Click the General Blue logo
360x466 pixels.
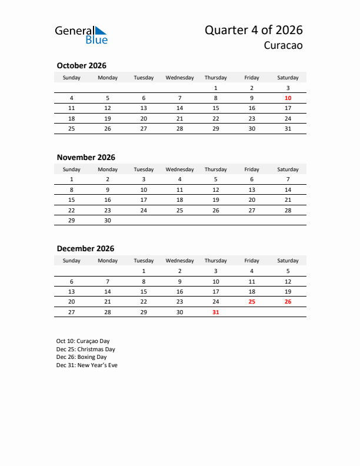(81, 35)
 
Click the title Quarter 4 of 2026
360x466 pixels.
(254, 30)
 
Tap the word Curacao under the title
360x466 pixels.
(283, 46)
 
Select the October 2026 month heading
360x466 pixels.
(81, 66)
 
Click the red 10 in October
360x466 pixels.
(288, 98)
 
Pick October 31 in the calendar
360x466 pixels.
(288, 128)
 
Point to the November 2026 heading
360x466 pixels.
(86, 157)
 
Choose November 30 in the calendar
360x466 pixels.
(108, 220)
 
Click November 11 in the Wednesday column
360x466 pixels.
(180, 189)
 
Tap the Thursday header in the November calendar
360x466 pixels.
(216, 169)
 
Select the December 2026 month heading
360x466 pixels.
(85, 248)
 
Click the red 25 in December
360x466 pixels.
(252, 302)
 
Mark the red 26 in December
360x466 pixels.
(288, 302)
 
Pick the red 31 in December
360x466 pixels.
(216, 312)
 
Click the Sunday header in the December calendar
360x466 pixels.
(72, 261)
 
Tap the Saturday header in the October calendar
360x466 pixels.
(288, 78)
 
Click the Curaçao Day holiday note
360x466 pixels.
(83, 341)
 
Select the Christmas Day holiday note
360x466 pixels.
(85, 349)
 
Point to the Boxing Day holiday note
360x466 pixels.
(82, 357)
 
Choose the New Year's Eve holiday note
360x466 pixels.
(87, 365)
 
